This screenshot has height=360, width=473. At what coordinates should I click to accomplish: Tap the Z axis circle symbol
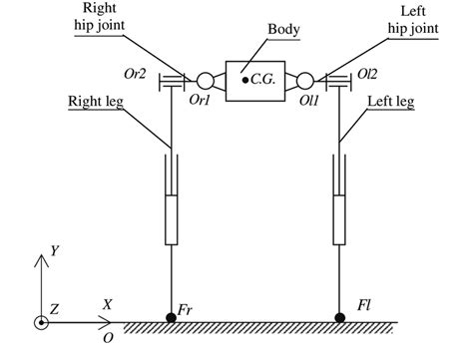coord(41,322)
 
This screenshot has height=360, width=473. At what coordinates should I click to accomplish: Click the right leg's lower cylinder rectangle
coord(172,220)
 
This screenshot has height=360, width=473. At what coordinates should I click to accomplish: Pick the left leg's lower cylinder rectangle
coord(341,220)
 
